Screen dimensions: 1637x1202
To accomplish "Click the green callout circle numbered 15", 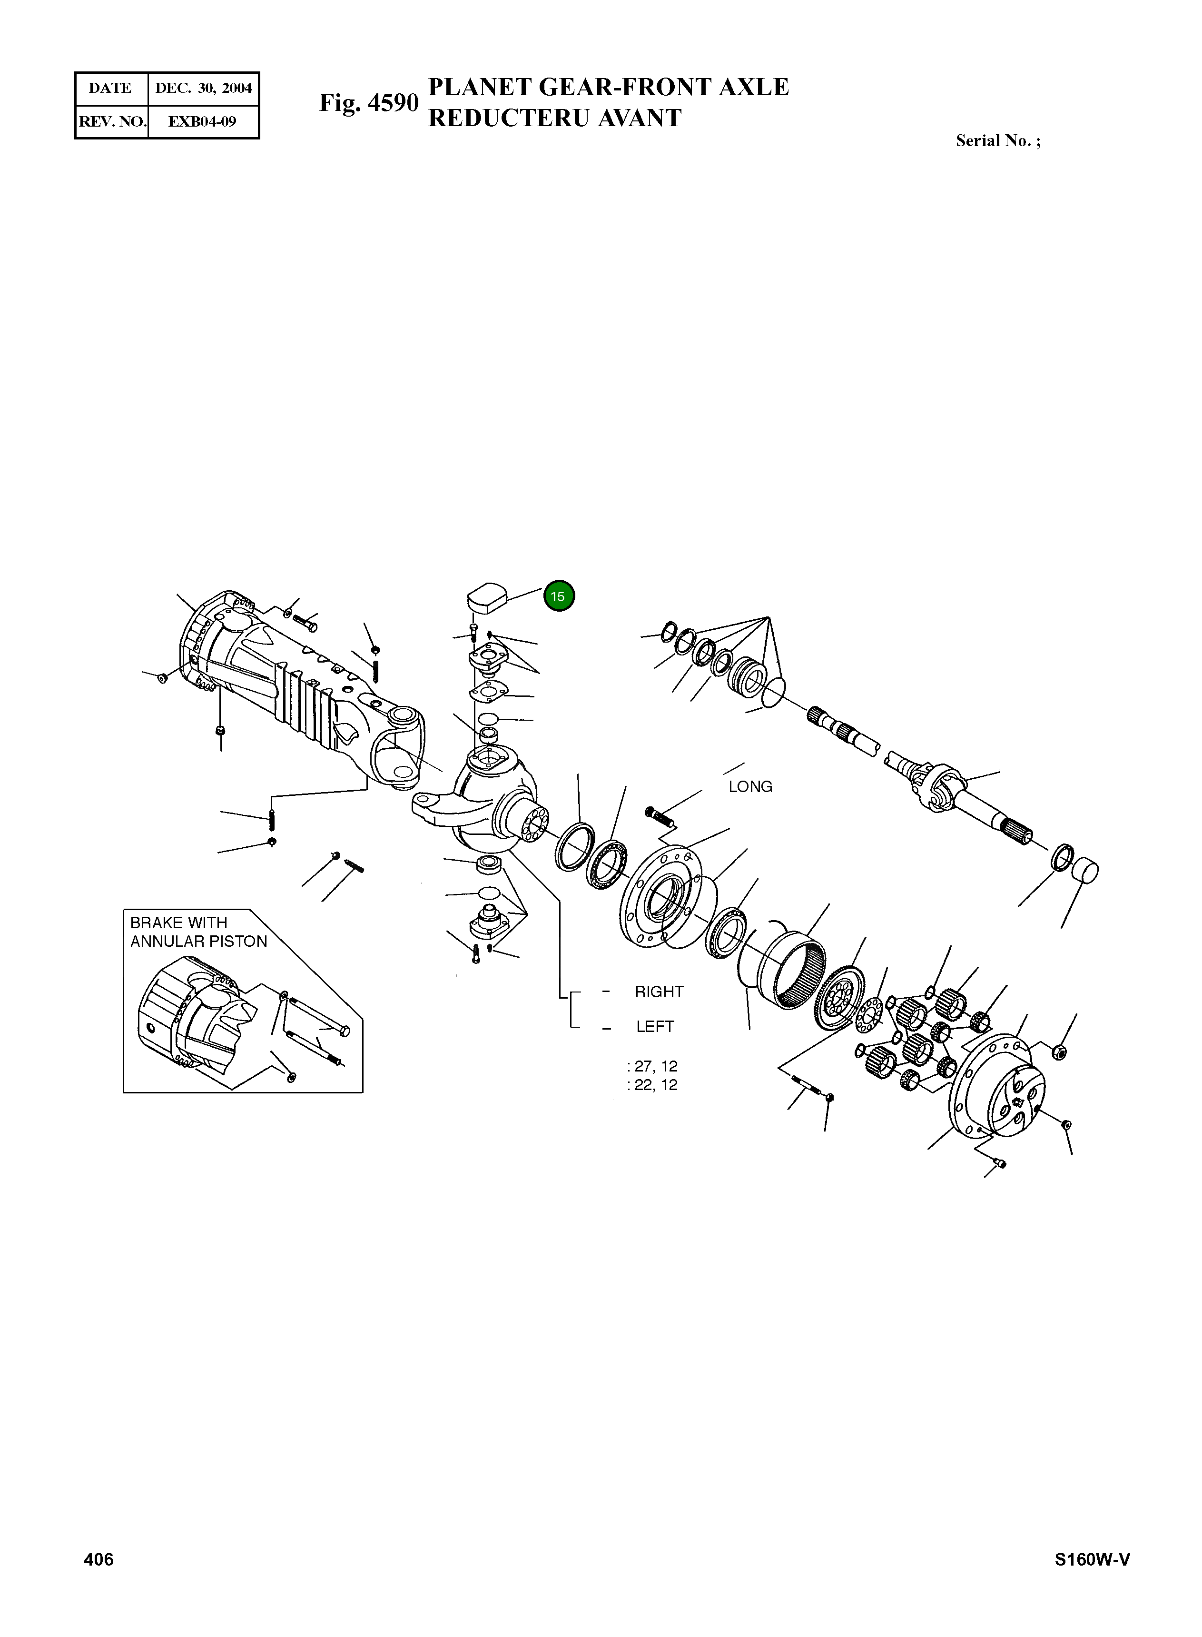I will point(559,596).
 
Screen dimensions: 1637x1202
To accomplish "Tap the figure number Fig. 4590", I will point(369,103).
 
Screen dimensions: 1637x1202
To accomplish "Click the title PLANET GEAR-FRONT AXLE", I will point(608,87).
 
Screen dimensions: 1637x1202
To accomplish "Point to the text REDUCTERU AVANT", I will point(554,118).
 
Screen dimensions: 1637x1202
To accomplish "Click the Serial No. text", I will point(997,141).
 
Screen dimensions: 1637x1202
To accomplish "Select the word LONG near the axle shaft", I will point(750,787).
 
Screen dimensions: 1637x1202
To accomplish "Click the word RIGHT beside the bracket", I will point(659,992).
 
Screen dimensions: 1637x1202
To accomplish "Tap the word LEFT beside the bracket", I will point(655,1027).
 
